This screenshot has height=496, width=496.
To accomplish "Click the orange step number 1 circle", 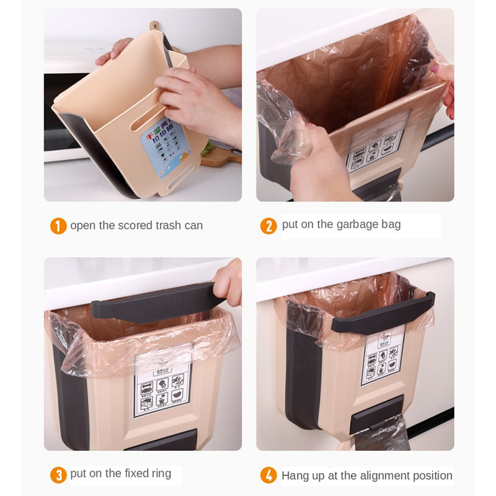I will (x=58, y=226).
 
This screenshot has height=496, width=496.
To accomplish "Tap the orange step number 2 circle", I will (x=268, y=226).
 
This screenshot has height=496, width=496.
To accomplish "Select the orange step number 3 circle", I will (x=58, y=476).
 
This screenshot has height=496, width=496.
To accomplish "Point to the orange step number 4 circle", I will (x=268, y=476).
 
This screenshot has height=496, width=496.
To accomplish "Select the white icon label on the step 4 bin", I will (x=383, y=361).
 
